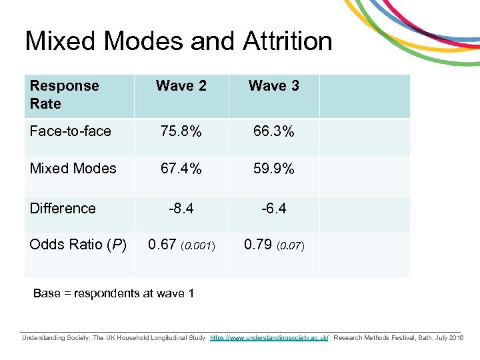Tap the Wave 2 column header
tap(181, 86)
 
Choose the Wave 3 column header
tap(273, 86)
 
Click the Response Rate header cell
tap(64, 95)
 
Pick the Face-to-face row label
tap(70, 131)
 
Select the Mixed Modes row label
tap(73, 169)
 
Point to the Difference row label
tap(63, 209)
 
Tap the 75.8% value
tap(181, 131)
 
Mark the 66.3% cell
tap(274, 131)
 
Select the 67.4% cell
tap(181, 169)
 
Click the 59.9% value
tap(274, 169)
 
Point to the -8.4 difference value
tap(181, 209)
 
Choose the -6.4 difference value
tap(274, 209)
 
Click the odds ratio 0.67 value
tap(163, 245)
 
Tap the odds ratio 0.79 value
tap(258, 245)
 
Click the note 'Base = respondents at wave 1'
tap(113, 293)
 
